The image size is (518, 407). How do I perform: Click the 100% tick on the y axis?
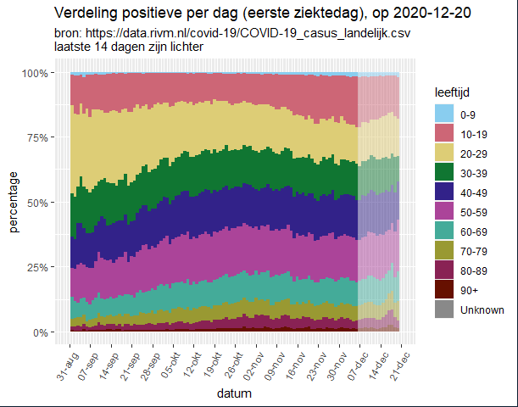[47, 74]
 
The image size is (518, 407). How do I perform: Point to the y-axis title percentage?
[14, 203]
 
